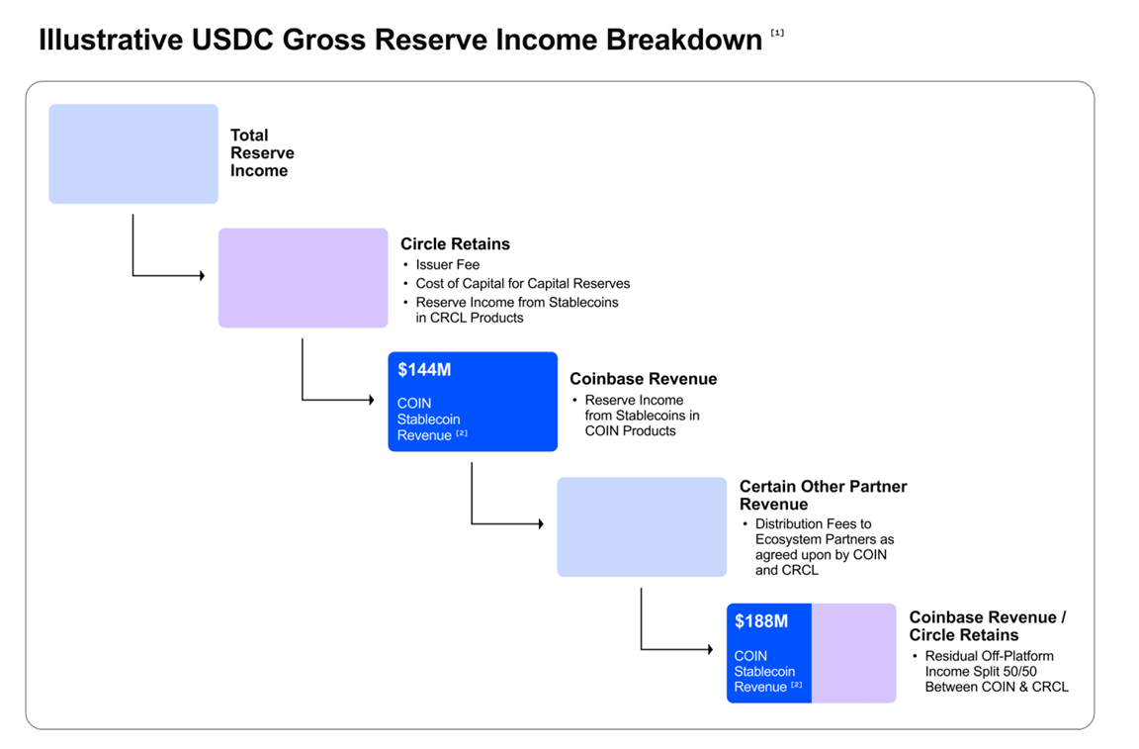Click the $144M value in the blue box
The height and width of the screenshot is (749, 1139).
coord(424,370)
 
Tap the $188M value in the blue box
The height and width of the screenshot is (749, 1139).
coord(761,621)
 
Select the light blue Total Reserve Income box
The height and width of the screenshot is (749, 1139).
coord(133,154)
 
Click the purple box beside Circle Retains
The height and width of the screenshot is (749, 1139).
coord(303,278)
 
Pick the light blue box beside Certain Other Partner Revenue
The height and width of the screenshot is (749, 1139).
coord(641,527)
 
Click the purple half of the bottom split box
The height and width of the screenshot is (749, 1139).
coord(853,653)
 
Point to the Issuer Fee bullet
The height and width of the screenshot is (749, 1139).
coord(447,265)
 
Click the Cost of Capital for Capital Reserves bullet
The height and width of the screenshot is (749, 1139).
coord(522,283)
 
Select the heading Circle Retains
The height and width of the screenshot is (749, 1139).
coord(455,243)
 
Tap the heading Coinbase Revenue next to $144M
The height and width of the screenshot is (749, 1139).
coord(643,379)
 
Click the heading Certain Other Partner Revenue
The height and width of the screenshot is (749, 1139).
coord(823,495)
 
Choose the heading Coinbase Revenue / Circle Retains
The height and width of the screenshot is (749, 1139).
coord(987,626)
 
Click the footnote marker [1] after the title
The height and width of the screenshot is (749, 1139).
coord(777,34)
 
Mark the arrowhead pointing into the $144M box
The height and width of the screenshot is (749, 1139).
coord(371,400)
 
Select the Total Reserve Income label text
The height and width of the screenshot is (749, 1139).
coord(262,153)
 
